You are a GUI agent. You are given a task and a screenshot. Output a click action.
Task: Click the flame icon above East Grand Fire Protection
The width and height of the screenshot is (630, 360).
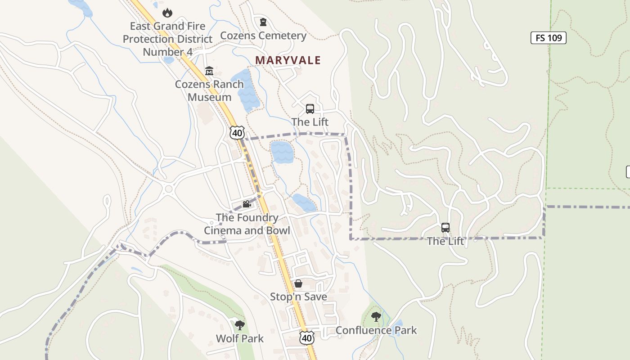click(x=167, y=13)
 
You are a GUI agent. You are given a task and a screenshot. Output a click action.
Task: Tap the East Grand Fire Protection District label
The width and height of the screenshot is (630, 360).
click(x=167, y=39)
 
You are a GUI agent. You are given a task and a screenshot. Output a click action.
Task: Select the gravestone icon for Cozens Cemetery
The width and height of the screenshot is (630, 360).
click(x=263, y=22)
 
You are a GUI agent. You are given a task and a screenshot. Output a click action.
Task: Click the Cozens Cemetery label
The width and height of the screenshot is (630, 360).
click(x=263, y=36)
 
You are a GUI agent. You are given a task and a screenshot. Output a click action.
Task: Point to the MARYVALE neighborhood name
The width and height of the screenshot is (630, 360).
click(x=288, y=60)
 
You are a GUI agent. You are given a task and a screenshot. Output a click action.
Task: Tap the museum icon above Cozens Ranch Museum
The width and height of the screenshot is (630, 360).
click(x=209, y=71)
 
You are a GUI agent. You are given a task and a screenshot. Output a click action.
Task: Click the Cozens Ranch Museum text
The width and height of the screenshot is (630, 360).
click(x=209, y=90)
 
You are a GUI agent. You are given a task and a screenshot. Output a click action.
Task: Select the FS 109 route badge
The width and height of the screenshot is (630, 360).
click(x=548, y=38)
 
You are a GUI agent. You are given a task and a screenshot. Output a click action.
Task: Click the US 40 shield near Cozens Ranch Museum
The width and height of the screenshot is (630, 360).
click(x=237, y=132)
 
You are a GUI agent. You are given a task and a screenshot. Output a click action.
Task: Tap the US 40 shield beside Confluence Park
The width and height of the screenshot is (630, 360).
click(x=306, y=337)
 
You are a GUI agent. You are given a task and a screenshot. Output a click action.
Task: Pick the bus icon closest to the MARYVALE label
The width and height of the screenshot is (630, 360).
click(x=310, y=108)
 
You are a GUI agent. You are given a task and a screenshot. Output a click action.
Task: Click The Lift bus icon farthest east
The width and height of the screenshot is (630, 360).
click(x=445, y=228)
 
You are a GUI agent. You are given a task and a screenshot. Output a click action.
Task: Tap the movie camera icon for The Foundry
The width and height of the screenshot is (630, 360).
click(x=247, y=204)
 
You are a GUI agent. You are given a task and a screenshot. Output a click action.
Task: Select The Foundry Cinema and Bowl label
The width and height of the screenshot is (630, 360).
click(x=247, y=224)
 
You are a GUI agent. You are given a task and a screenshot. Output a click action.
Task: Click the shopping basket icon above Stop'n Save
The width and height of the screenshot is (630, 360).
click(x=298, y=283)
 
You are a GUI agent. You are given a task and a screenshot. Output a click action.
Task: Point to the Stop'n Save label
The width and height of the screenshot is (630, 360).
click(x=298, y=297)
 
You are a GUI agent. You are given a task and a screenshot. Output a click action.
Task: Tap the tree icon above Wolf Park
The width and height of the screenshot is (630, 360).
click(x=240, y=325)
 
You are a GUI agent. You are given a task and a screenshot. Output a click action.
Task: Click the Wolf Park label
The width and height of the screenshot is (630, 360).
click(x=240, y=338)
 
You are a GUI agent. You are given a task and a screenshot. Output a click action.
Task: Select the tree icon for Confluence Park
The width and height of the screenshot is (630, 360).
click(x=376, y=317)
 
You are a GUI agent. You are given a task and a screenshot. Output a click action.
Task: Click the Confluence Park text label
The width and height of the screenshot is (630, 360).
click(x=376, y=330)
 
